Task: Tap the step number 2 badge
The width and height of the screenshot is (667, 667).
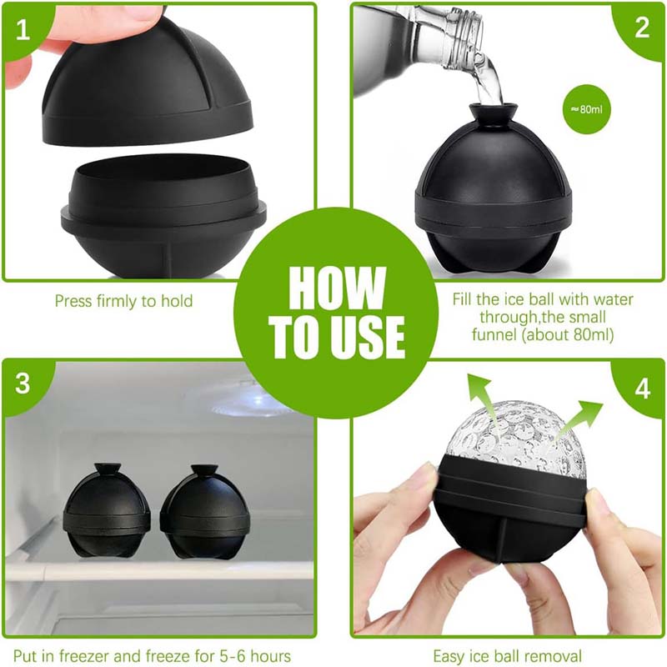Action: (x=641, y=28)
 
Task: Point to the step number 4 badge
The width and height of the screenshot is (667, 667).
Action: (x=642, y=388)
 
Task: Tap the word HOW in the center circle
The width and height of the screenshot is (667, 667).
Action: (x=337, y=288)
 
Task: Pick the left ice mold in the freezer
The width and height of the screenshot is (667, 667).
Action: (x=107, y=510)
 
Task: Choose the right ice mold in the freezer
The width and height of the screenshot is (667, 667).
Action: (x=206, y=513)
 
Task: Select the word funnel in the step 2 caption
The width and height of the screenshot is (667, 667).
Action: (x=494, y=334)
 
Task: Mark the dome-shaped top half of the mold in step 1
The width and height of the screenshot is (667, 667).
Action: (x=148, y=77)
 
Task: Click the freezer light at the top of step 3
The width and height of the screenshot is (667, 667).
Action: (x=250, y=402)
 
